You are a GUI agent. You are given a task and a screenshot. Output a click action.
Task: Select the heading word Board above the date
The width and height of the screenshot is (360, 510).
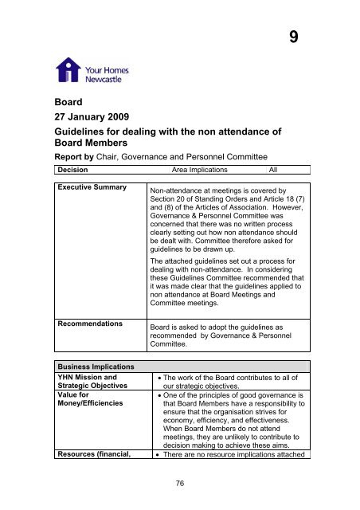click(x=67, y=102)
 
